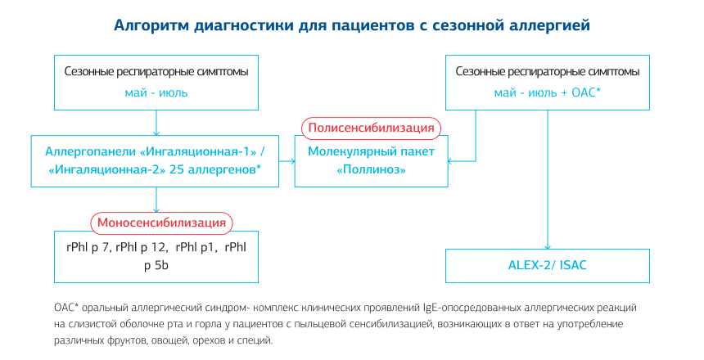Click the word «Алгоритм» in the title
151,25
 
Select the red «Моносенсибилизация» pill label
162,223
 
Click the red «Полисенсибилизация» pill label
372,128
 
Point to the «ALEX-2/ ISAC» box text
548,266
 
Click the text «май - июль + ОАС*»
548,92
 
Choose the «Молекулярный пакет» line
372,151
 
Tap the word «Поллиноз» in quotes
372,169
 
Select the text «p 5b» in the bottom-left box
156,265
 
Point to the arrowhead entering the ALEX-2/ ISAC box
548,246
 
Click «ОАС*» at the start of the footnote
65,308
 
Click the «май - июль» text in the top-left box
156,92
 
